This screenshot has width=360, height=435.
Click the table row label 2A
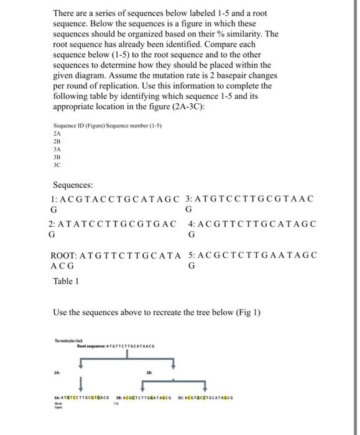click(57, 133)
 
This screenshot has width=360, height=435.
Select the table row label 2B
click(57, 141)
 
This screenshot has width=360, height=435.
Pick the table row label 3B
click(57, 158)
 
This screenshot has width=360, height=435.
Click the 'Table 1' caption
click(64, 280)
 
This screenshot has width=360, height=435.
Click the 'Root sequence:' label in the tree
click(91, 346)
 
